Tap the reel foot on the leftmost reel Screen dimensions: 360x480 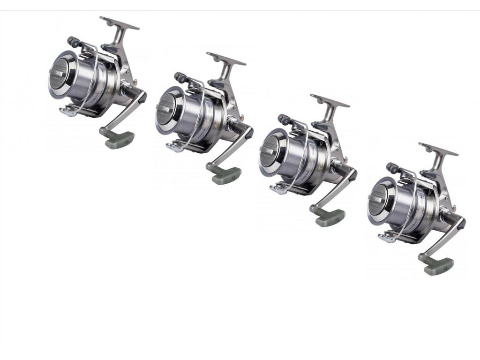click(119, 22)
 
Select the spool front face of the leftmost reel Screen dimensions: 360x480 click(62, 74)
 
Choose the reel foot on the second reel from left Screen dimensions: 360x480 click(226, 58)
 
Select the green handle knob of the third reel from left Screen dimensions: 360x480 click(330, 217)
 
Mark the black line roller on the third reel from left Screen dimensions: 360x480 click(284, 120)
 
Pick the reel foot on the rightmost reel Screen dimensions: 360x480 click(438, 149)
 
